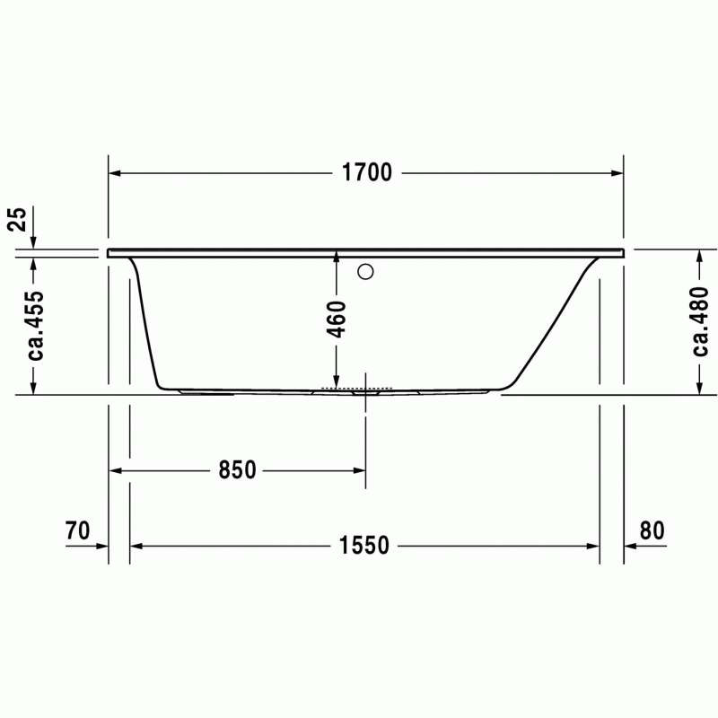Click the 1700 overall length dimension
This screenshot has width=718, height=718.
tap(367, 172)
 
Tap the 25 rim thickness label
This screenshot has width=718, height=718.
tap(19, 219)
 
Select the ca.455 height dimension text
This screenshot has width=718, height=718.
tap(35, 326)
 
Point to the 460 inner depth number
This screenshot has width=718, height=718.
tap(337, 320)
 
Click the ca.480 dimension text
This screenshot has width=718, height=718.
tap(700, 322)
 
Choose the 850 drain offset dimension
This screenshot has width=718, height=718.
tap(237, 469)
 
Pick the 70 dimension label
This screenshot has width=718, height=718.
tap(77, 530)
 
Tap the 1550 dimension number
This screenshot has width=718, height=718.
tap(364, 546)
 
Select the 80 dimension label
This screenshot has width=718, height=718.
tap(652, 530)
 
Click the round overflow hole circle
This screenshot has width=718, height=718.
tap(365, 272)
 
